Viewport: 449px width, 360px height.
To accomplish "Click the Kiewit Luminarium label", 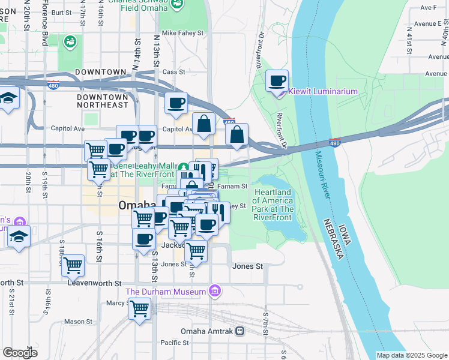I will tap(323, 92).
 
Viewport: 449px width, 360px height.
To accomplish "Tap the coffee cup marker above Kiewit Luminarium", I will tap(277, 82).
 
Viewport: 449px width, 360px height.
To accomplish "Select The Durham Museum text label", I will tap(165, 292).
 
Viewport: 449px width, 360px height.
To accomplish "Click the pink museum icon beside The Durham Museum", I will tap(215, 292).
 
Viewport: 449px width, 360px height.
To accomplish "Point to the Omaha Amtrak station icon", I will tap(240, 331).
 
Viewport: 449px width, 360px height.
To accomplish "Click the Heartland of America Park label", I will tap(273, 201).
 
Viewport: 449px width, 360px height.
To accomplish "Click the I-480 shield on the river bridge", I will tap(335, 142).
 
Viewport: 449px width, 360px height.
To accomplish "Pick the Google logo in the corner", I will tap(20, 353).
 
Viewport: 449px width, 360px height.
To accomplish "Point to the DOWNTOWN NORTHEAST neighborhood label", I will tap(103, 101).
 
